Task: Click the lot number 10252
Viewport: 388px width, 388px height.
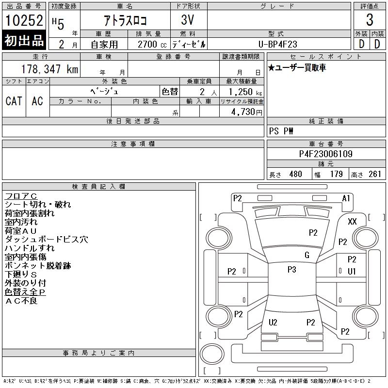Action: coord(24,20)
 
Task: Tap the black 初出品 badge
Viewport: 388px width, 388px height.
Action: coord(24,40)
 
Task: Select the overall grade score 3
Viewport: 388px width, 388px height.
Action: coord(370,20)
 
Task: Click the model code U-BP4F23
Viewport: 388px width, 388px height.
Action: coord(277,44)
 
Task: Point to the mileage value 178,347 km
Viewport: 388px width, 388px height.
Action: coord(49,69)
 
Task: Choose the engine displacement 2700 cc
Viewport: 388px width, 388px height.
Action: coord(152,45)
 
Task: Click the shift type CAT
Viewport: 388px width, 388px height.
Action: coord(14,101)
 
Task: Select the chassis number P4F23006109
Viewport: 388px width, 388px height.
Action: coord(325,154)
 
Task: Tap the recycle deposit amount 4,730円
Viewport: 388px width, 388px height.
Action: coord(247,112)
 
